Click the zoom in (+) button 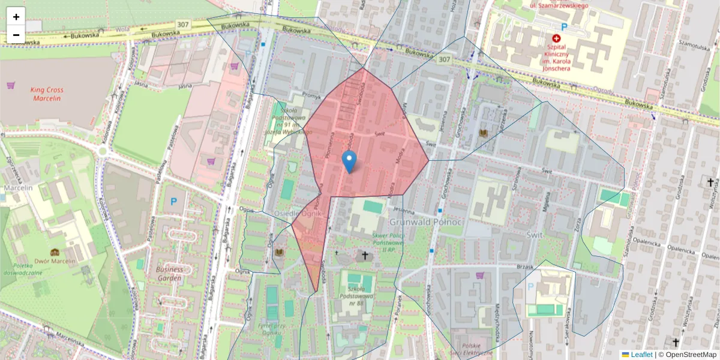[16, 17]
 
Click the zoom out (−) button [16, 35]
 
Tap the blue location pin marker [349, 161]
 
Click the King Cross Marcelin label [47, 94]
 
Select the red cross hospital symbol [556, 37]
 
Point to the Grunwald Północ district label [425, 222]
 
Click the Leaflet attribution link [641, 355]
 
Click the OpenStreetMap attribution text [690, 355]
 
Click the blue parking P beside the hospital [563, 26]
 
